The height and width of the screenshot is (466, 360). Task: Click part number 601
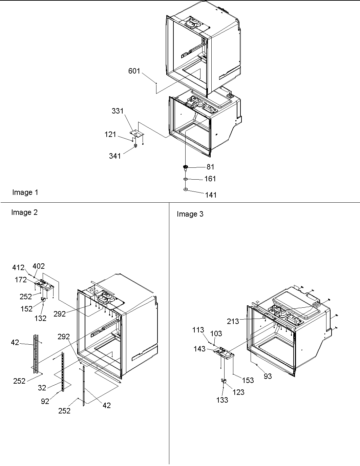[134, 71]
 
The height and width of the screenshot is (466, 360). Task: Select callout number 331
[118, 111]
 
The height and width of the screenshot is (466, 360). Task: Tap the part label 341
[115, 156]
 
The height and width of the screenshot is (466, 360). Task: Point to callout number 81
[210, 167]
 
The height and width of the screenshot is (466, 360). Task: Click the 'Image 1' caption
[25, 193]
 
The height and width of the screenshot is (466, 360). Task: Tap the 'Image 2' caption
[24, 212]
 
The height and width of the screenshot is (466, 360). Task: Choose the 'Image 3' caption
[190, 214]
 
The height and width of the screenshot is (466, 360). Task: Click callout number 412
[18, 268]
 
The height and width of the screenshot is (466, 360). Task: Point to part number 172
[20, 280]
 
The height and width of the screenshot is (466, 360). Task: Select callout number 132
[40, 319]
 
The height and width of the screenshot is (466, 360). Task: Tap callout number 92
[45, 401]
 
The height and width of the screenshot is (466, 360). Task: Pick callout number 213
[233, 321]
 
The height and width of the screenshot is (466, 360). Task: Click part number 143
[199, 348]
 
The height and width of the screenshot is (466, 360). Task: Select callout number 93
[268, 376]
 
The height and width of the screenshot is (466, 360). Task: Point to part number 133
[222, 400]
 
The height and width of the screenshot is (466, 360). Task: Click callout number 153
[248, 380]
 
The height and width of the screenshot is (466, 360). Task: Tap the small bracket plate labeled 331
[136, 133]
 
